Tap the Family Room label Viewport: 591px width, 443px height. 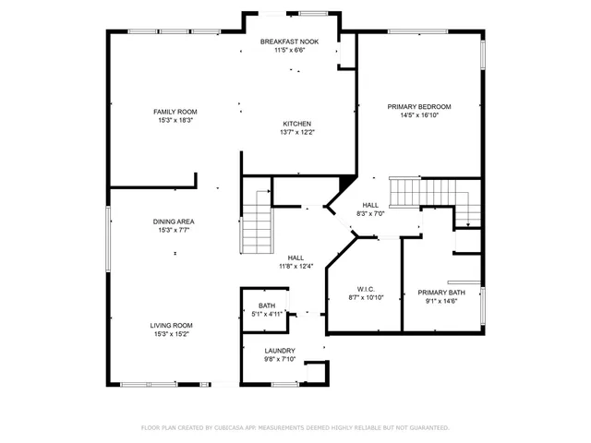coord(175,112)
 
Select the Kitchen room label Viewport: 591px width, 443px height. coord(296,124)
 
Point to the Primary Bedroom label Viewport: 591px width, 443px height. coord(419,107)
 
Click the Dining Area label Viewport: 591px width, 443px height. coord(174,221)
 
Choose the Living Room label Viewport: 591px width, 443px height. coord(174,325)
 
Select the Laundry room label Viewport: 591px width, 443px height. coord(279,351)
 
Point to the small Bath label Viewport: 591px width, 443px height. coord(266,305)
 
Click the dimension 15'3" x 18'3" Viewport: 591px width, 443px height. coord(175,121)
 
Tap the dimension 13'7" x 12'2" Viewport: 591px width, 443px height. coord(296,133)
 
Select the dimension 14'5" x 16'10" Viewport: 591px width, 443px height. coord(419,116)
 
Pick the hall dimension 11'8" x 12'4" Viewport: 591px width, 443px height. coord(296,267)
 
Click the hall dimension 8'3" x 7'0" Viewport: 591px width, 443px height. coord(370,214)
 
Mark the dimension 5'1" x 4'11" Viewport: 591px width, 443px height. coord(266,315)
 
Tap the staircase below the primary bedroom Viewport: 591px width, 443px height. coord(405,193)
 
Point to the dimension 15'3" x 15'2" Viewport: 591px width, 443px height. coord(174,334)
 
